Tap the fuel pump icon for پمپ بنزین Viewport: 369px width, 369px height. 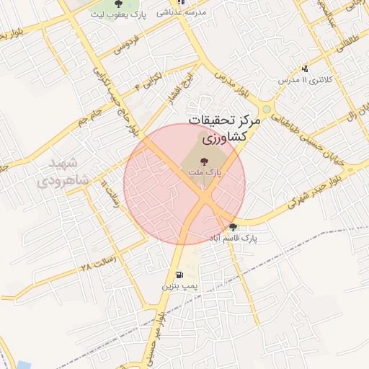[178, 275]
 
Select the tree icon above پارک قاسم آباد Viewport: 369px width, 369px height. [232, 227]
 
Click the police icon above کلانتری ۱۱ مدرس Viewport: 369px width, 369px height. [305, 69]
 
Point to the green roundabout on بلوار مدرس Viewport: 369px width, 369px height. [267, 110]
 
